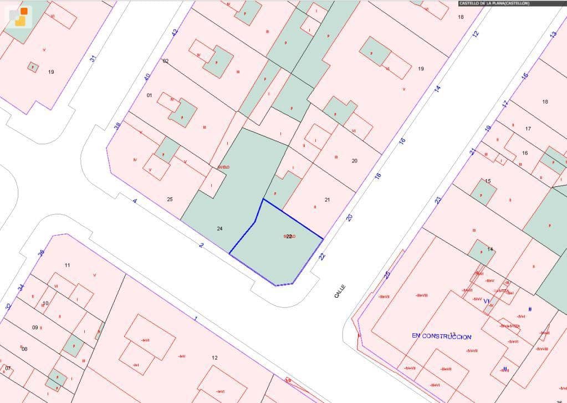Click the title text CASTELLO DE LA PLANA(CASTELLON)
tap(494, 3)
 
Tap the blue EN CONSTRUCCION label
tap(441, 336)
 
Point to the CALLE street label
tap(340, 292)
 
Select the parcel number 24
tap(219, 228)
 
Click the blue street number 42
tap(176, 33)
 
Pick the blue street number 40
tap(147, 77)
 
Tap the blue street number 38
tap(118, 126)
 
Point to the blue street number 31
tap(93, 58)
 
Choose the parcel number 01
tap(149, 95)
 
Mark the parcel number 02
tap(165, 61)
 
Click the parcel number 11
tap(68, 266)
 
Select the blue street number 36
tap(40, 253)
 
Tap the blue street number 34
tap(21, 287)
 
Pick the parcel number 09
tap(35, 328)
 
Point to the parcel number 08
tap(24, 349)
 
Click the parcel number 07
tap(8, 368)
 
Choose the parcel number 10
tap(46, 303)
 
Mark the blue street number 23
tap(438, 200)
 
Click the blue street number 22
tap(322, 256)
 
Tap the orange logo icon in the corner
tap(21, 16)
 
